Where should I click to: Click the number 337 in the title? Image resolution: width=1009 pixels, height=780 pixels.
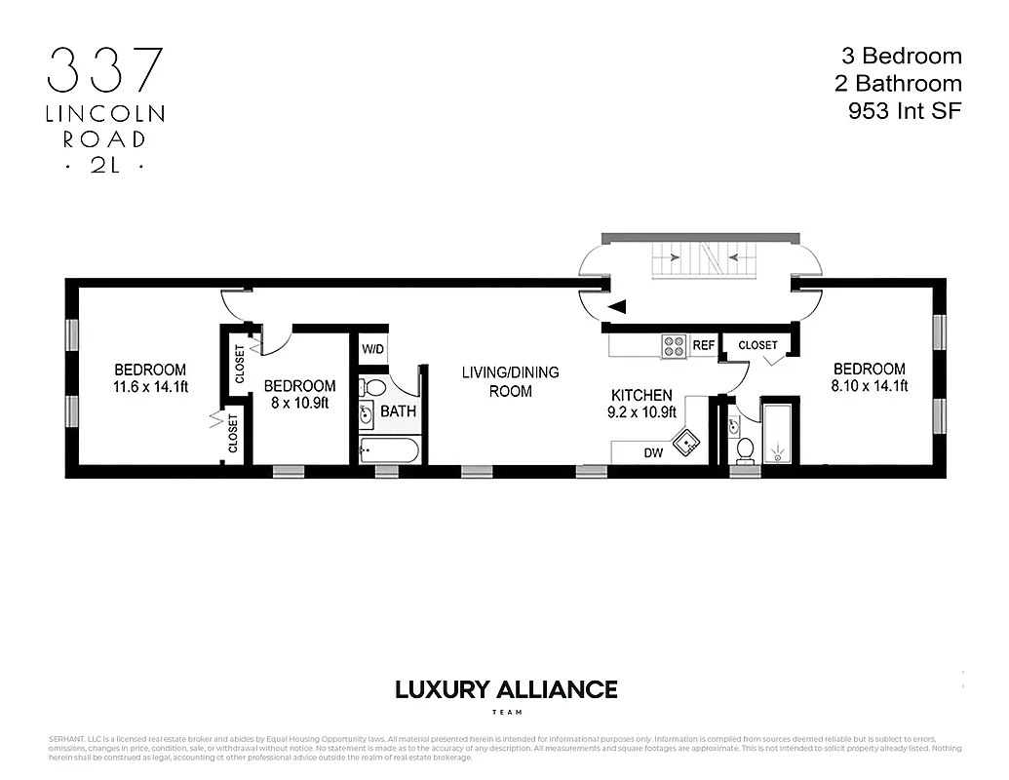point(105,70)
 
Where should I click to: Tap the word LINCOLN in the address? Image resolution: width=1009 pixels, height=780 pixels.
point(105,114)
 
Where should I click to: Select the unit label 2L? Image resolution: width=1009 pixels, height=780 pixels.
point(105,166)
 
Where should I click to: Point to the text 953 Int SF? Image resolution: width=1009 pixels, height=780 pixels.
point(905,111)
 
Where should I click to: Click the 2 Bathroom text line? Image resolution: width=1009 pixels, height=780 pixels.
point(897,84)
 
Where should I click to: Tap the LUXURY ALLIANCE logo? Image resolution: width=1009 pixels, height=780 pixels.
point(505,690)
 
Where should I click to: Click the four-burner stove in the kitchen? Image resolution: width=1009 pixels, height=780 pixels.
point(674,345)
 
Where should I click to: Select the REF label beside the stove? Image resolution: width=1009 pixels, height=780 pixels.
point(704,345)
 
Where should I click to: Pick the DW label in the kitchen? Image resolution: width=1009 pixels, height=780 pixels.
point(653,452)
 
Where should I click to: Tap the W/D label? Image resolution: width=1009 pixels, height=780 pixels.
point(372,349)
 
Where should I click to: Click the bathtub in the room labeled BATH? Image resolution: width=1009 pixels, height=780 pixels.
point(389,449)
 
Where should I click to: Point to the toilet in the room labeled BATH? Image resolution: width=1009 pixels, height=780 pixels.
point(371,388)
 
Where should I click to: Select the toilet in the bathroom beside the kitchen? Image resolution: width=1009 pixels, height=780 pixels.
point(746,448)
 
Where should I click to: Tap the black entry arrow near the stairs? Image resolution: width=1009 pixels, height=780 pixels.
point(618,308)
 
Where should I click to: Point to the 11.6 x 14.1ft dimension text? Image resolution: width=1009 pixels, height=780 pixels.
point(150,385)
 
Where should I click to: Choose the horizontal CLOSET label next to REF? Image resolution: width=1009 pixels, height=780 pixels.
point(758,345)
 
